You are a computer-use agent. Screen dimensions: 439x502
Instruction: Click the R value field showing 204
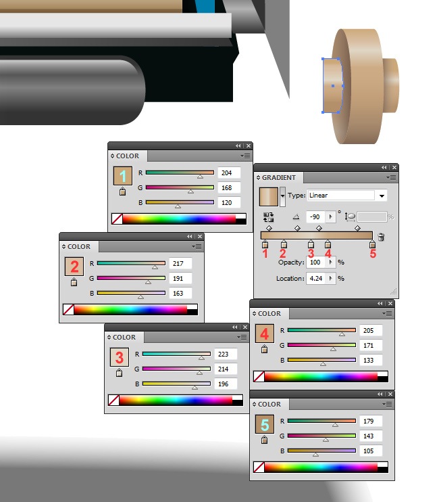[229, 173]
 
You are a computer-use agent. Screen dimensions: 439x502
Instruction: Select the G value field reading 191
[180, 279]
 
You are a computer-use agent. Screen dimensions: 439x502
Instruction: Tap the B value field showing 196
[226, 384]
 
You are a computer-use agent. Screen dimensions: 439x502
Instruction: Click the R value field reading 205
[371, 330]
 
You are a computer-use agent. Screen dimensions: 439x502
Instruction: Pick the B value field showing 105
[371, 451]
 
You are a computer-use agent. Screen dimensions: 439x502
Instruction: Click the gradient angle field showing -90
[315, 216]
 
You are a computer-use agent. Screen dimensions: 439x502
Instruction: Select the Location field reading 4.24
[316, 278]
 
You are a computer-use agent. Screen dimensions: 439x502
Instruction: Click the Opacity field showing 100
[315, 263]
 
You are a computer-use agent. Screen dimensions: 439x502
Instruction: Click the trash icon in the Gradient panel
[381, 237]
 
